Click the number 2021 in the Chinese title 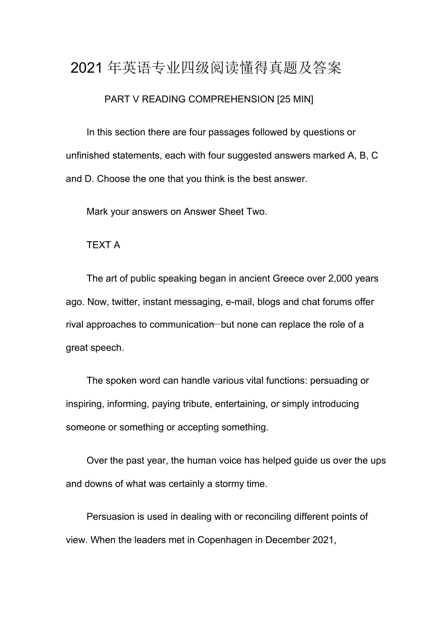(87, 68)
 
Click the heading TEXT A (103, 245)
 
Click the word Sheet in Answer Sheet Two (231, 212)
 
